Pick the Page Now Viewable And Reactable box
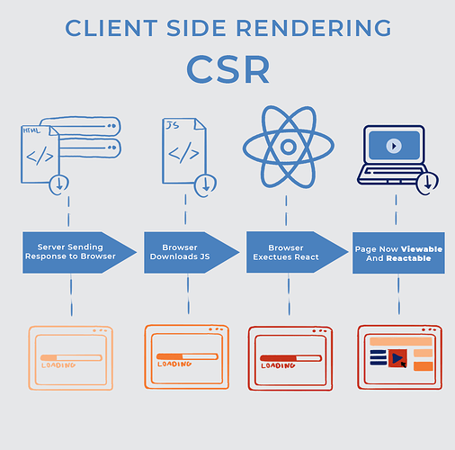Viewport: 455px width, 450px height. coord(397,252)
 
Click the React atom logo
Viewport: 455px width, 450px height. coord(288,147)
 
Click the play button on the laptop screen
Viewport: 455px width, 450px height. coord(394,144)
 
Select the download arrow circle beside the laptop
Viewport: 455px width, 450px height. coord(428,182)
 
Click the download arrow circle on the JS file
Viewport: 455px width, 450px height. coord(208,183)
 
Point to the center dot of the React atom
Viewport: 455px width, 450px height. coord(288,147)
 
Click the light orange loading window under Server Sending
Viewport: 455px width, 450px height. coord(71,357)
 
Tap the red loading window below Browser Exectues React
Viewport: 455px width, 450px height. coord(289,357)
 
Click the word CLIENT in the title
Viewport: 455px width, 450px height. coord(104,28)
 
